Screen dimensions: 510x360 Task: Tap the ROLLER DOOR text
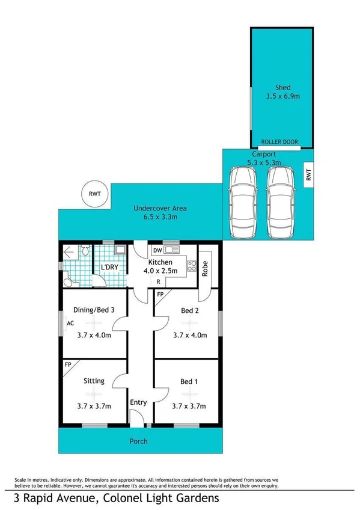279,143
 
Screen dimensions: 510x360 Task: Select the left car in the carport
244,201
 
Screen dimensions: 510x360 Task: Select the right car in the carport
282,201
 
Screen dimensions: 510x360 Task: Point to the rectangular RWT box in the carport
309,175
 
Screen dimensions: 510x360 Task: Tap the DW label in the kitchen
157,250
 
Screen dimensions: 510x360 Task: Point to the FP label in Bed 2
160,295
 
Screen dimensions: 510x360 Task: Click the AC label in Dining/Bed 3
70,323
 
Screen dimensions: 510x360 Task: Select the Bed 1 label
189,381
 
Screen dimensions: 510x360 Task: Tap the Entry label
138,402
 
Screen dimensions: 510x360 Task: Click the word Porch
139,441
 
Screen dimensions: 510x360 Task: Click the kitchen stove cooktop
192,264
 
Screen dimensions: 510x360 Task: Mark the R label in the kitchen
158,281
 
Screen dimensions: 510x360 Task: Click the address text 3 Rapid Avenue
54,498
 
